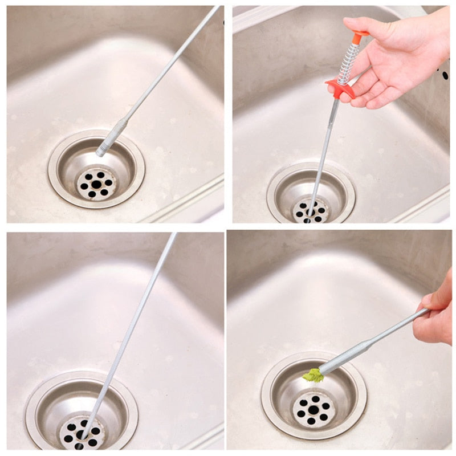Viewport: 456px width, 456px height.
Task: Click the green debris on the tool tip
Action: click(x=313, y=375)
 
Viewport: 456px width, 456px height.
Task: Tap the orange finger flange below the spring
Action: click(x=340, y=88)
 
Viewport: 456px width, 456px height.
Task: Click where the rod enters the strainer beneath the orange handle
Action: click(x=310, y=211)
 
